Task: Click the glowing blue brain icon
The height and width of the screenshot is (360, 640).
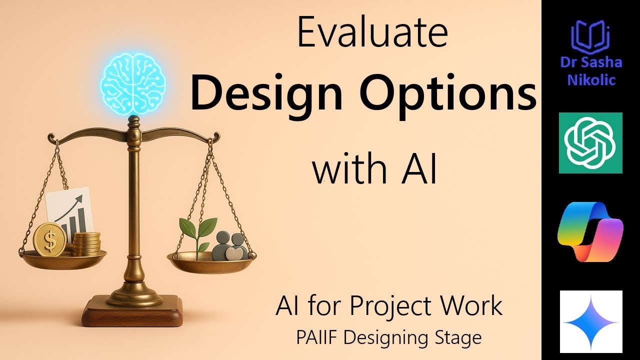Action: point(132,83)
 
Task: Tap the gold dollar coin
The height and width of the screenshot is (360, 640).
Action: point(50,239)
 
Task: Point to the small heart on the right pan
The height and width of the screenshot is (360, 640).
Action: point(233,254)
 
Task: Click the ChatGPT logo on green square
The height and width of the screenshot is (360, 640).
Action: point(590,143)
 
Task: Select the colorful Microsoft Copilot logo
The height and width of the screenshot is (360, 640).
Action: point(590,231)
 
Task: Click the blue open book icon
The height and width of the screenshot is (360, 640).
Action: point(590,38)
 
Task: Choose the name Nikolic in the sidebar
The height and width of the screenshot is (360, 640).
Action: point(590,79)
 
